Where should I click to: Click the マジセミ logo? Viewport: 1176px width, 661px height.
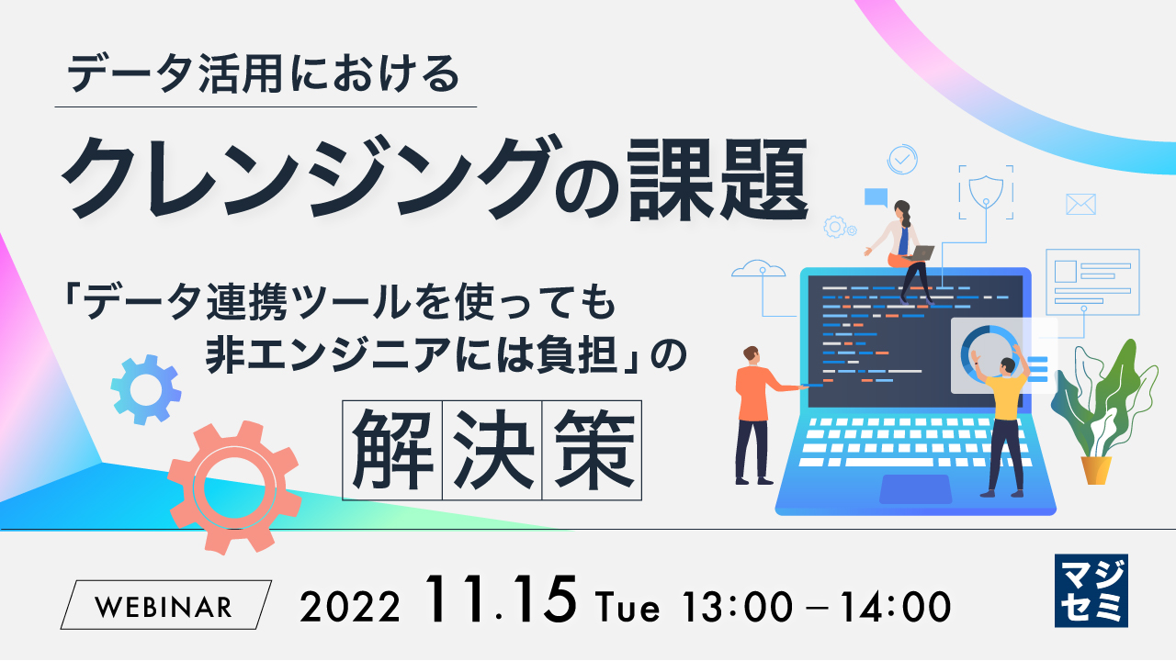tap(1091, 590)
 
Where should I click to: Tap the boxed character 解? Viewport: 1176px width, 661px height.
tap(393, 449)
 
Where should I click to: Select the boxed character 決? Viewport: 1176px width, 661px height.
tap(492, 449)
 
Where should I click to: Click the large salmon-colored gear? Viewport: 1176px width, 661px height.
tap(235, 487)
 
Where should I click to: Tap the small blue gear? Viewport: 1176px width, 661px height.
tap(146, 389)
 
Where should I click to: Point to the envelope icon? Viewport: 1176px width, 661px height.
tap(1080, 204)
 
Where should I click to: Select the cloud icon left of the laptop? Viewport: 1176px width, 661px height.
tap(759, 268)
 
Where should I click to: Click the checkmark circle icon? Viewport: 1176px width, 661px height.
tap(902, 159)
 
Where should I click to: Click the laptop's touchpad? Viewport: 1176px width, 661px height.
tap(915, 488)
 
